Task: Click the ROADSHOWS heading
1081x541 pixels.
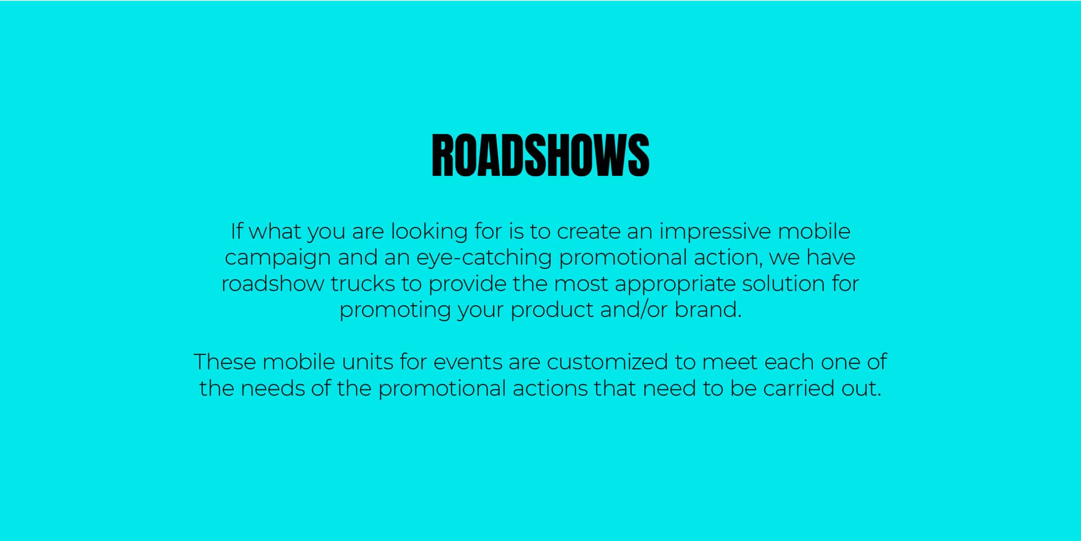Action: pyautogui.click(x=540, y=155)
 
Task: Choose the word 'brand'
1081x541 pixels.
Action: pyautogui.click(x=705, y=310)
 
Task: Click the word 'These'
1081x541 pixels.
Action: pyautogui.click(x=225, y=362)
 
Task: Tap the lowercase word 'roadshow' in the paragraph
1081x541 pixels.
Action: pyautogui.click(x=273, y=284)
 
